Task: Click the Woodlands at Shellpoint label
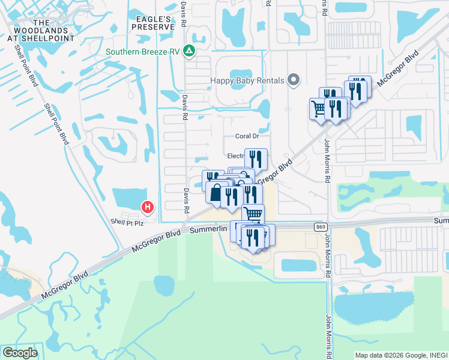(40, 30)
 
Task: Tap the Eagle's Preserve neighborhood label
(155, 23)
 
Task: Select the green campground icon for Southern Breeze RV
(189, 51)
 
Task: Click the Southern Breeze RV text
(143, 52)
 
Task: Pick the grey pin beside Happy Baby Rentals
(294, 79)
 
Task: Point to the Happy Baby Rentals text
(247, 80)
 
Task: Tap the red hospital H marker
(148, 208)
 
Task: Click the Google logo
(20, 352)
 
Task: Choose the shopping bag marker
(215, 193)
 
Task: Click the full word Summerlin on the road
(209, 229)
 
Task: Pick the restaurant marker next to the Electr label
(256, 159)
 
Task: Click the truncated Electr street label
(235, 156)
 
